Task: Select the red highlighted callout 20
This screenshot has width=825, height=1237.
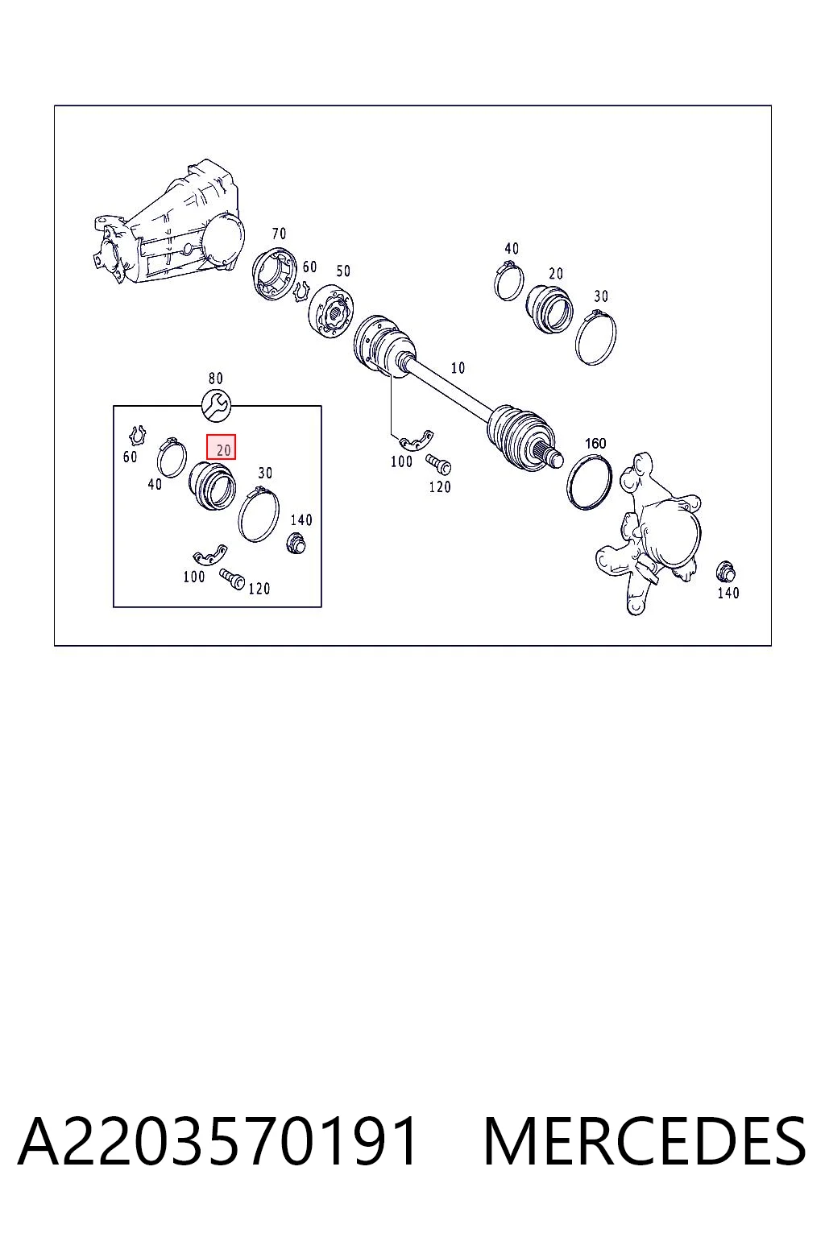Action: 221,447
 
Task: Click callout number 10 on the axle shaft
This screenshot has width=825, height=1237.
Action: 458,368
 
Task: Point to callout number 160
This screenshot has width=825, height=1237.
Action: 595,443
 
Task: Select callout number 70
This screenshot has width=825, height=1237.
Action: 279,234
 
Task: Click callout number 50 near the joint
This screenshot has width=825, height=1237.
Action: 343,271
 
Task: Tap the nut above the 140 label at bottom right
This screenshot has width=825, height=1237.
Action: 725,572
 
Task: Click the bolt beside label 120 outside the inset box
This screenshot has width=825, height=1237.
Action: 438,465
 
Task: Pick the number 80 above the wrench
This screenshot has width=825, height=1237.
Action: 215,379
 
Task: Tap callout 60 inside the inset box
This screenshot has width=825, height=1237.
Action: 130,457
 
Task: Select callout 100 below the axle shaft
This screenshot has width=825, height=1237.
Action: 401,461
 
